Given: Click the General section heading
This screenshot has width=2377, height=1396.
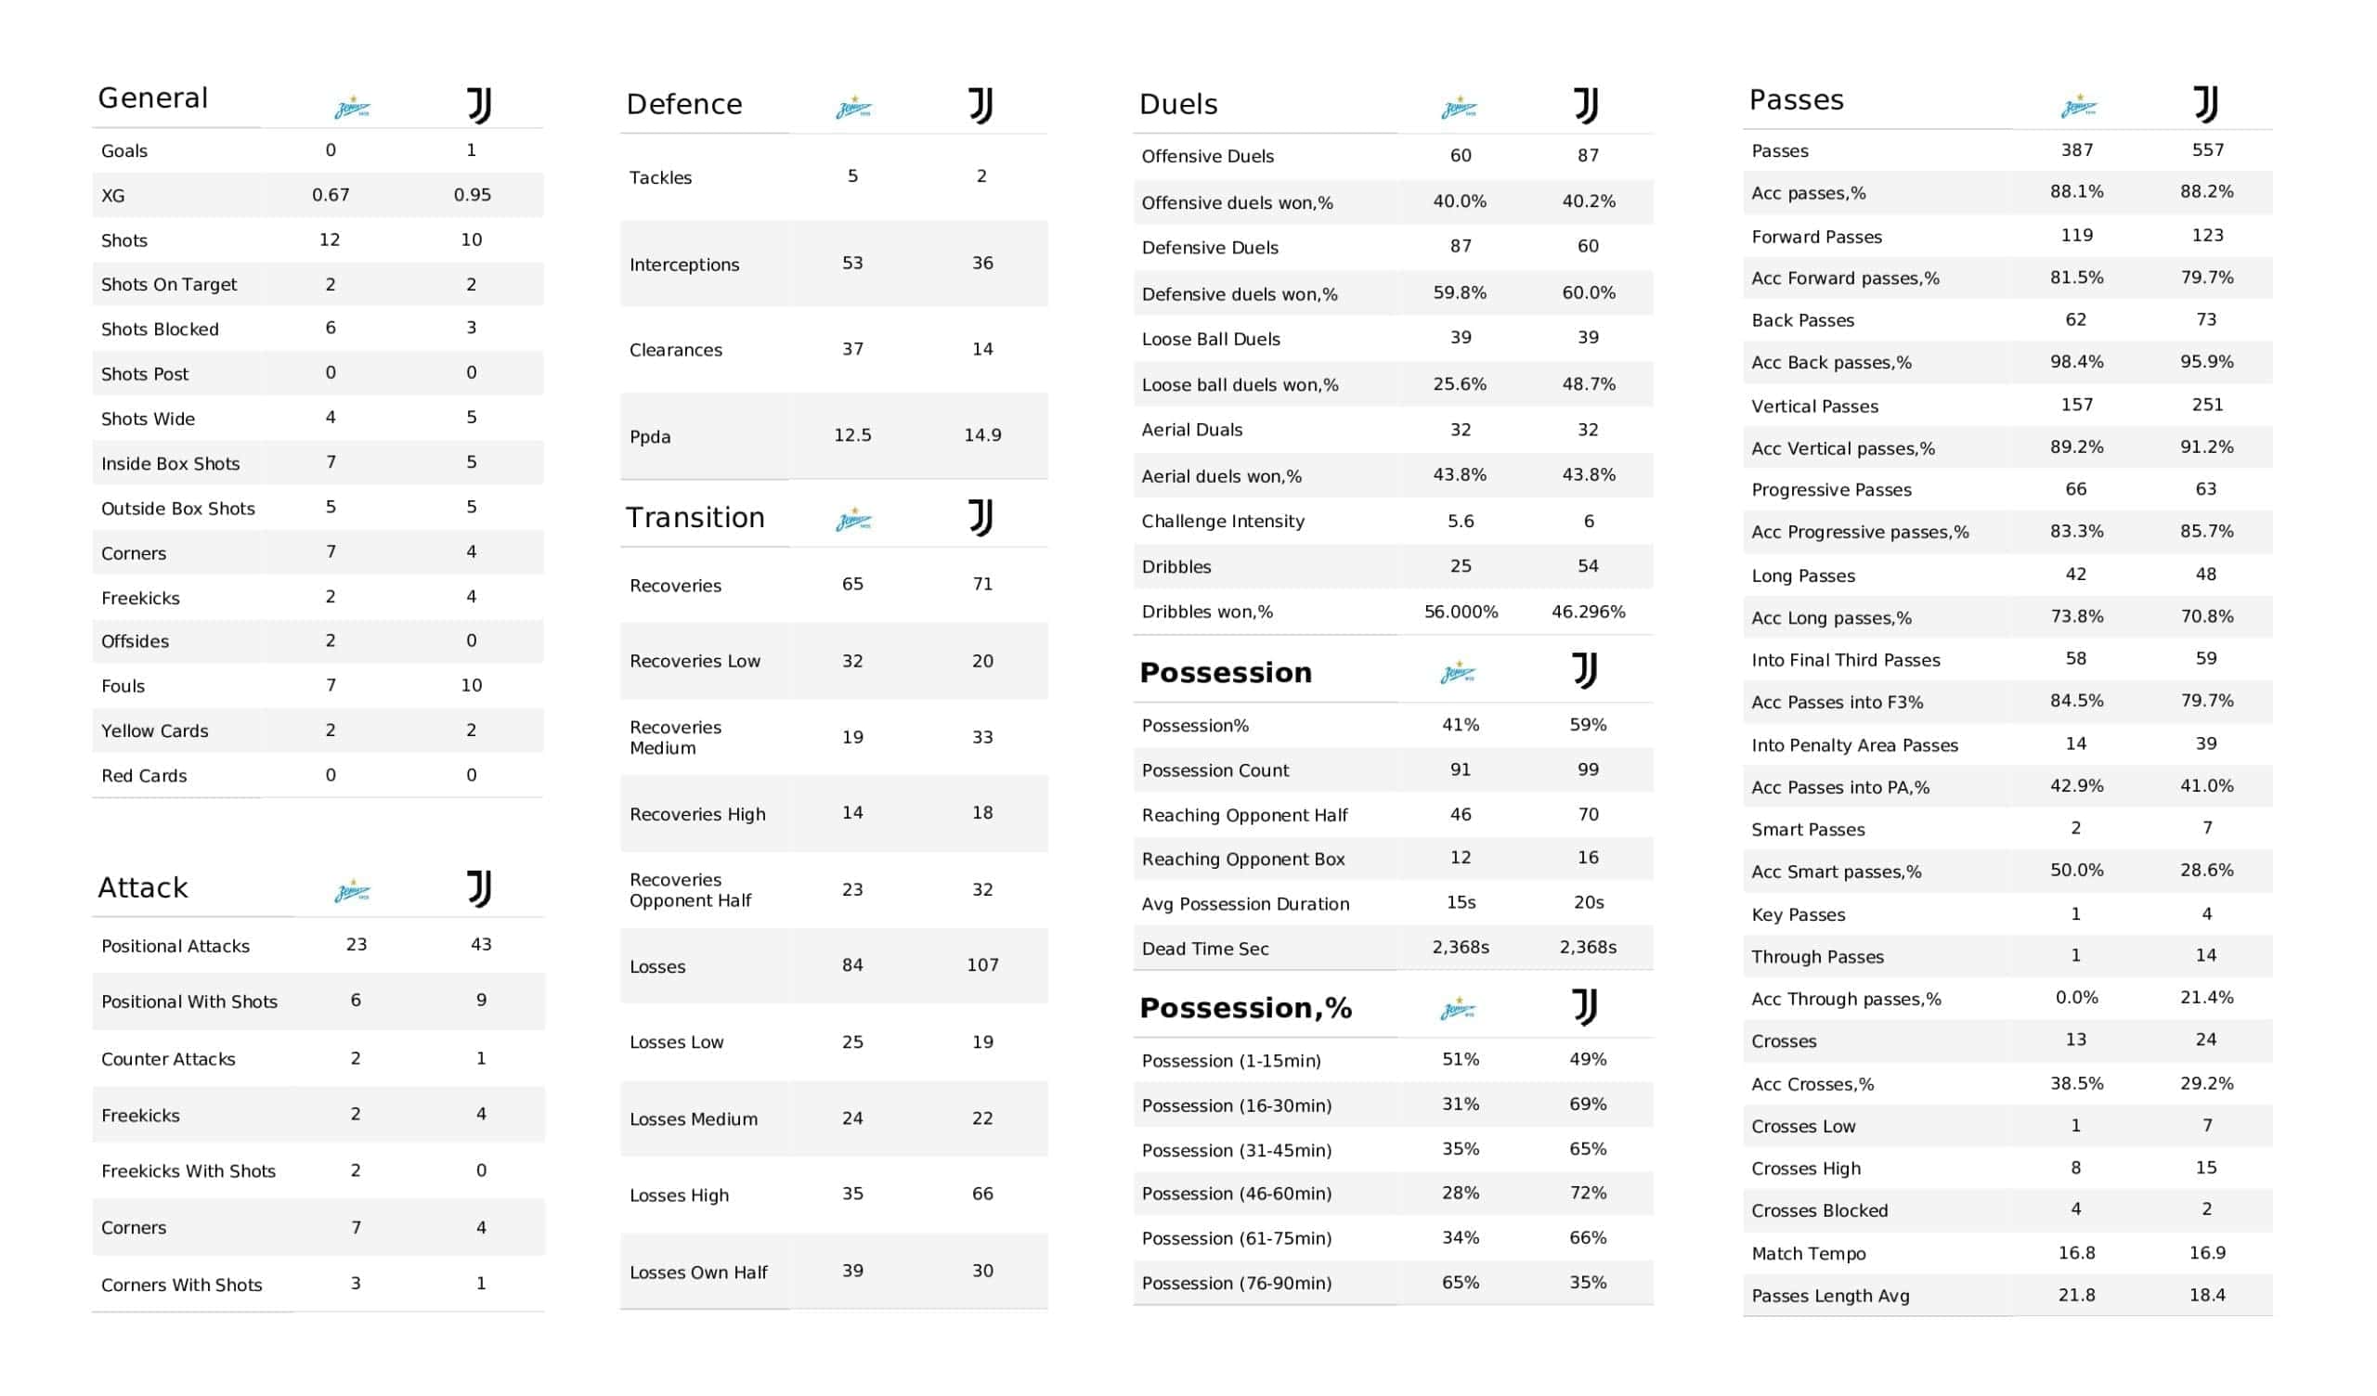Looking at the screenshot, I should click(x=153, y=98).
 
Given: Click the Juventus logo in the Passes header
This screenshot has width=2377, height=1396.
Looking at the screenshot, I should click(x=2205, y=105).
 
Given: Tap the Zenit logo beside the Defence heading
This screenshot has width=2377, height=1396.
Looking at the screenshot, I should click(x=853, y=108).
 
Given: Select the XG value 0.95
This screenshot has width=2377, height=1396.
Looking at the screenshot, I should click(x=472, y=195).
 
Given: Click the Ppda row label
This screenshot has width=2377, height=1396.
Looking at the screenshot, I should click(x=650, y=437).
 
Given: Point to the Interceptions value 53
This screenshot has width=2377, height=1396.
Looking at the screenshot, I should click(x=851, y=264).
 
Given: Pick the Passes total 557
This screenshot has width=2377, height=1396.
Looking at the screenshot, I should click(x=2207, y=150).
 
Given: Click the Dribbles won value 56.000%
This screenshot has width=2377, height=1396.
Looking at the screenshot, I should click(x=1461, y=613).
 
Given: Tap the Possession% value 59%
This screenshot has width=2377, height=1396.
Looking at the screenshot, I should click(x=1588, y=725).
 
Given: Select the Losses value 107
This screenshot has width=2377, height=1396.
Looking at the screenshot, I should click(x=982, y=965).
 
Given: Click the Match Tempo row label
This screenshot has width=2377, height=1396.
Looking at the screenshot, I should click(x=1808, y=1254).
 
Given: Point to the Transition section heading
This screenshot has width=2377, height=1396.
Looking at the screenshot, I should click(x=695, y=518).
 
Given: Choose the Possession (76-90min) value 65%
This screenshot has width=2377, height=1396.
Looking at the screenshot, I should click(x=1461, y=1283).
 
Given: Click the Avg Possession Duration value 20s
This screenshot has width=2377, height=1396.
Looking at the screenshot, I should click(x=1589, y=903).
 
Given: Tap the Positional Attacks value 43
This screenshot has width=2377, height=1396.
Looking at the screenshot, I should click(x=481, y=944).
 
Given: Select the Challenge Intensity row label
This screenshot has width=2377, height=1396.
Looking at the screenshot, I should click(x=1223, y=522).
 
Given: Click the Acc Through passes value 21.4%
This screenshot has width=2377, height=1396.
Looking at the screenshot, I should click(x=2206, y=998).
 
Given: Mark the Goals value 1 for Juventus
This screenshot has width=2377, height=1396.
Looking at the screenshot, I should click(x=472, y=150).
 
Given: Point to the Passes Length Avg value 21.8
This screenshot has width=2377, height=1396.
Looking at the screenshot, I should click(x=2076, y=1295).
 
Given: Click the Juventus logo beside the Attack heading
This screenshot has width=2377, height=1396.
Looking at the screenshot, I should click(x=479, y=888).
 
